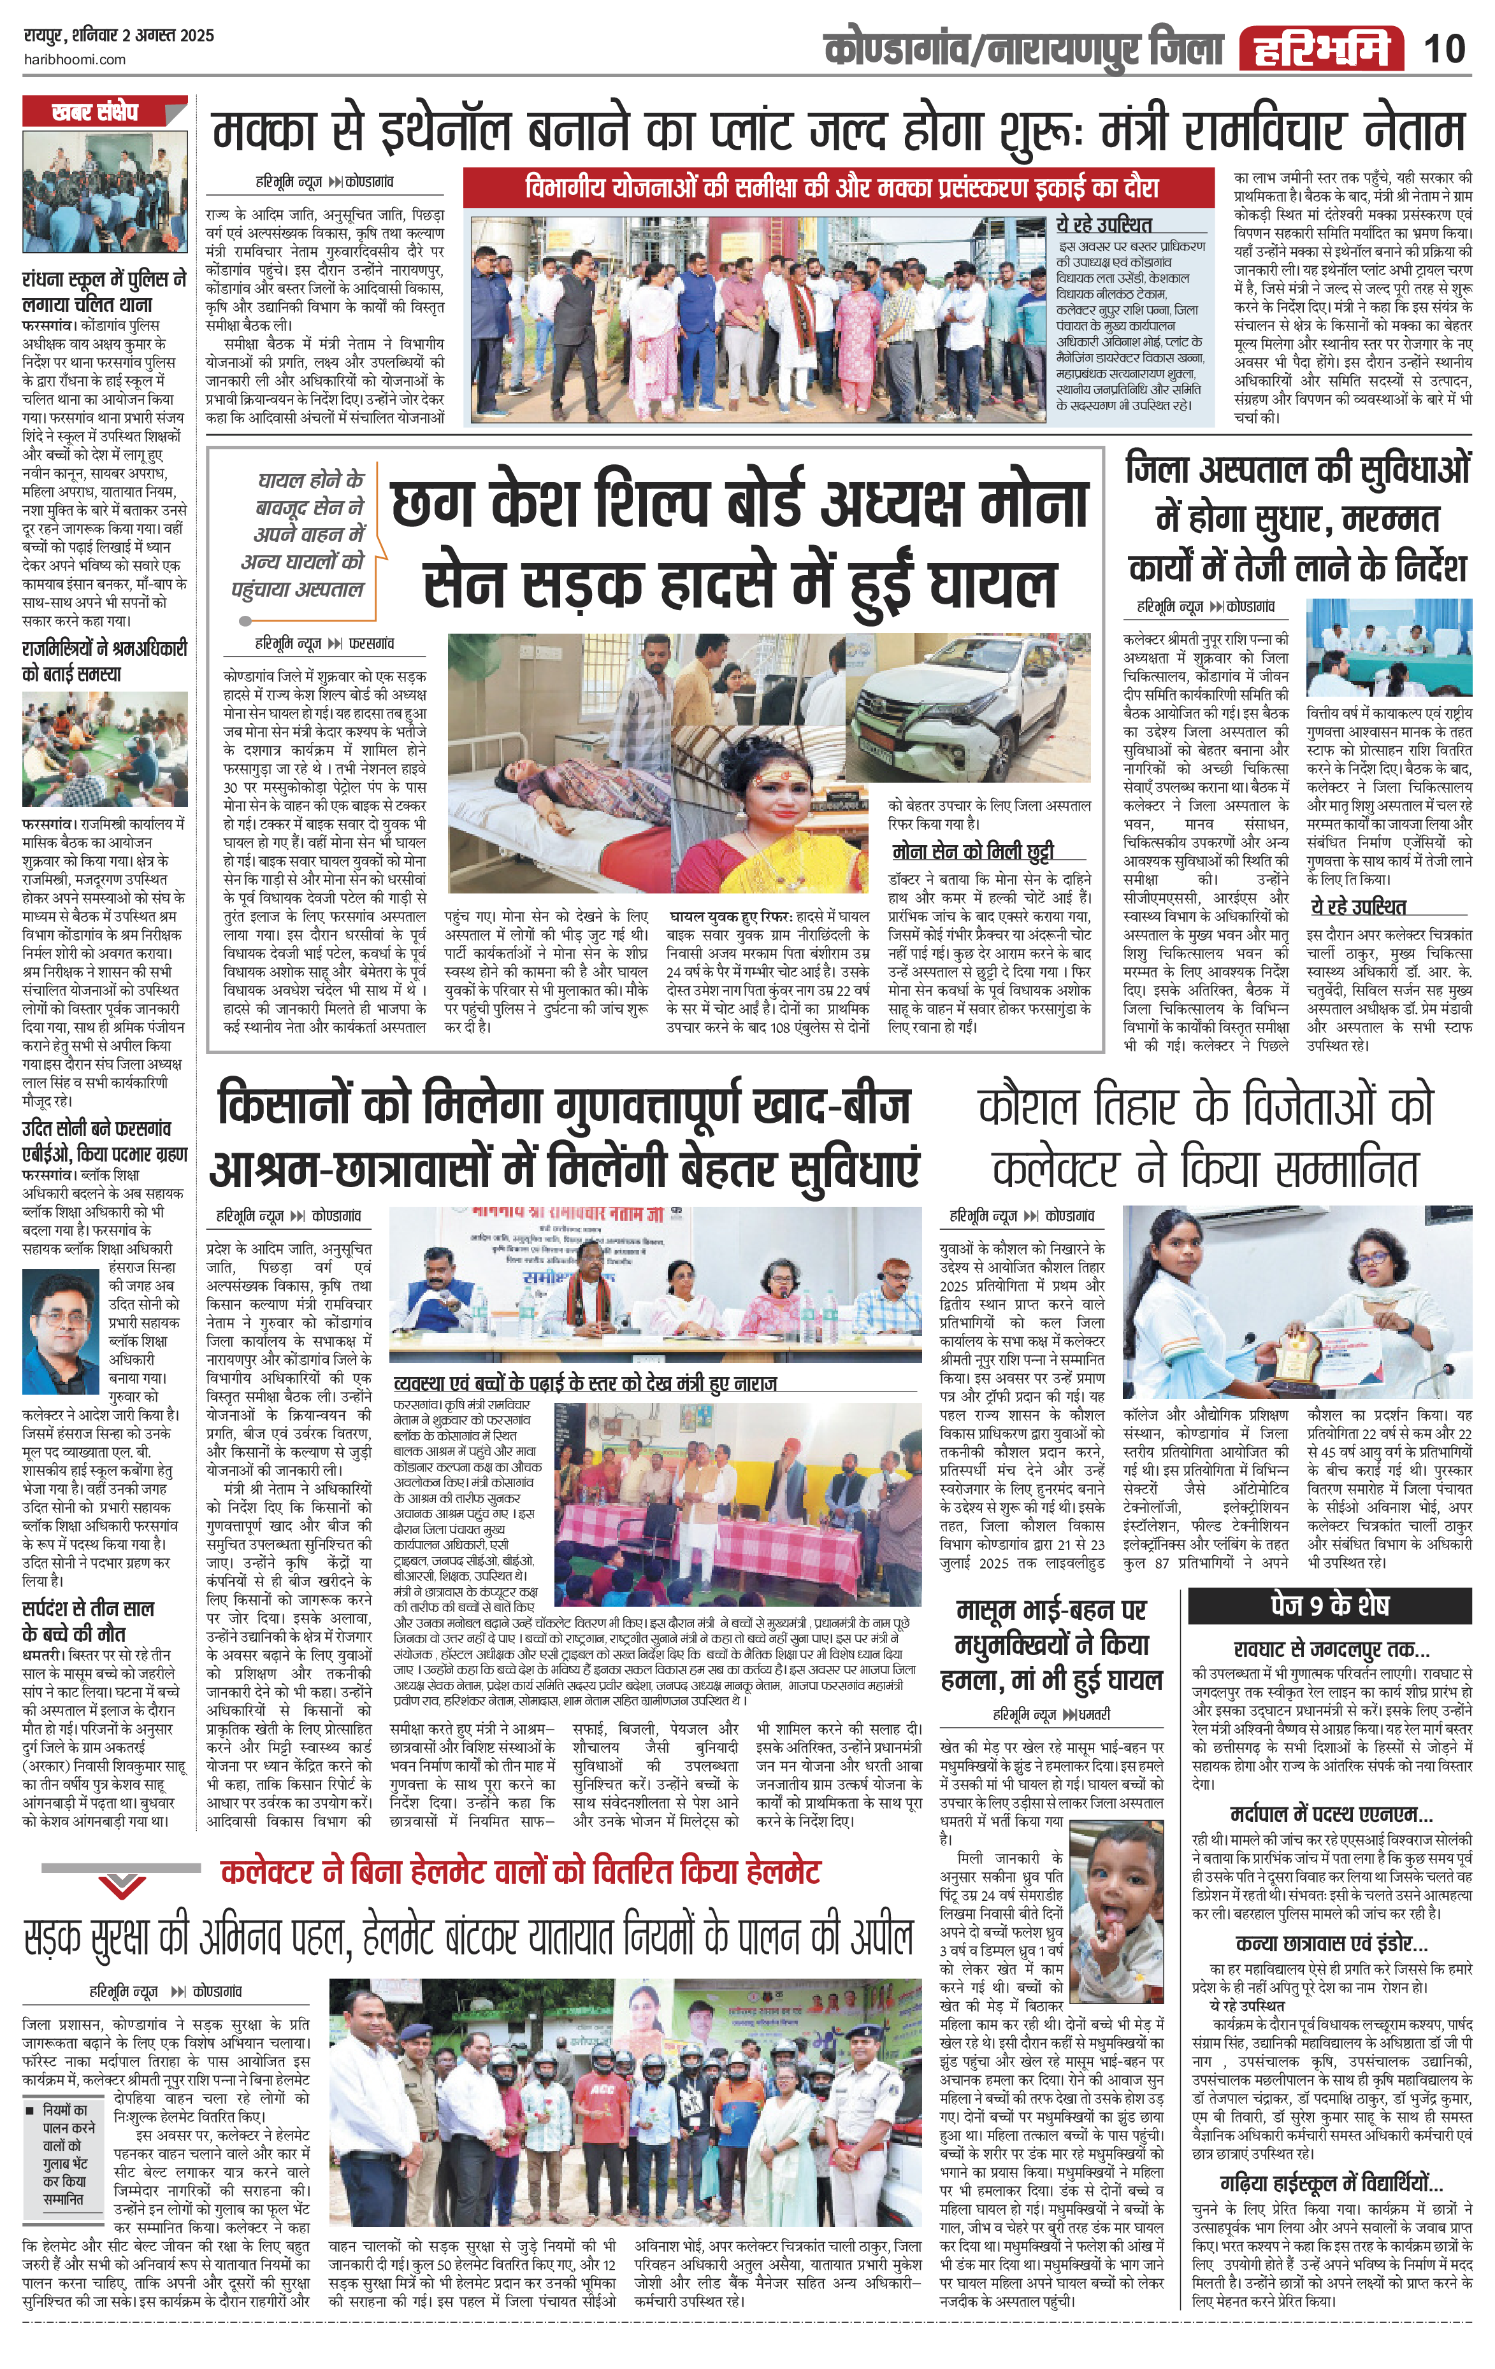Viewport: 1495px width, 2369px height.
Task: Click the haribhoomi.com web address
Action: click(74, 59)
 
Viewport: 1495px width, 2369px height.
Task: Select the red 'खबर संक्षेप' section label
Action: click(96, 112)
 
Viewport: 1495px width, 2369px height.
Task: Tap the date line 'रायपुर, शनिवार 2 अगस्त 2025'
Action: click(118, 36)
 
